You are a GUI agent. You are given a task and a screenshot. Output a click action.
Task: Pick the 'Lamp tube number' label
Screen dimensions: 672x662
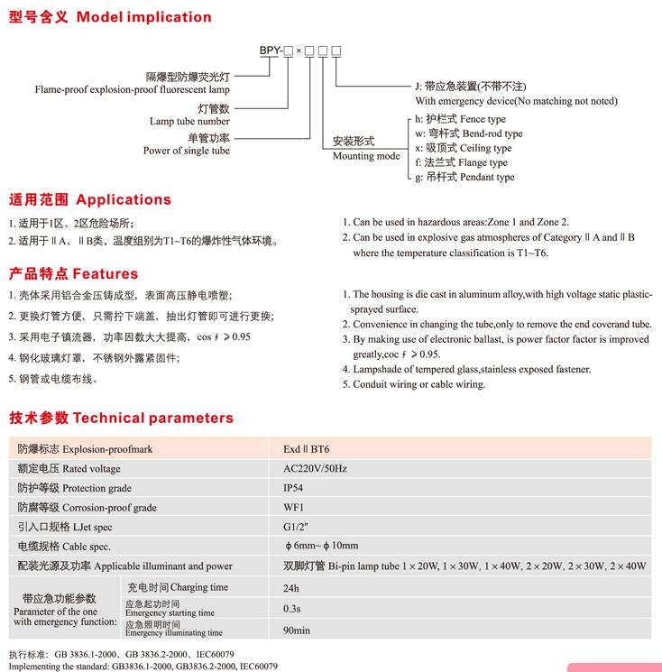click(189, 121)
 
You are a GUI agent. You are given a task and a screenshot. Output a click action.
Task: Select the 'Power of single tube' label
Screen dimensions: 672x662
click(187, 151)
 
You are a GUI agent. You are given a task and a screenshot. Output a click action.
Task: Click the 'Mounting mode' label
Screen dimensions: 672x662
click(366, 156)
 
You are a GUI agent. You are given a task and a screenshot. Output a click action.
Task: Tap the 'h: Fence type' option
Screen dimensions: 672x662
click(460, 119)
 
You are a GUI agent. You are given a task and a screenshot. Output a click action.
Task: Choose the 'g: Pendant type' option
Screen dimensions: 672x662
click(464, 177)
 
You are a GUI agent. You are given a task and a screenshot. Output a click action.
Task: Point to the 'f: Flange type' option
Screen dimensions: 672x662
click(461, 162)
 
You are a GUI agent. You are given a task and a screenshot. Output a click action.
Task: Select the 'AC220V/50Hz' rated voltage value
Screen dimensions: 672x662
click(315, 468)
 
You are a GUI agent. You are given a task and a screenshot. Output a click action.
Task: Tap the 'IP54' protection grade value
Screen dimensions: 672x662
click(294, 488)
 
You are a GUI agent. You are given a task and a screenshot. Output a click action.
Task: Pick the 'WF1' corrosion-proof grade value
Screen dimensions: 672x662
click(294, 507)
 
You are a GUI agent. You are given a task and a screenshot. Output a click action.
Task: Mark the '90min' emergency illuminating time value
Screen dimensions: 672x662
click(297, 630)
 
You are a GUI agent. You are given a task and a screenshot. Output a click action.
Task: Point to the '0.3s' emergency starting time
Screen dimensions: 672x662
click(292, 608)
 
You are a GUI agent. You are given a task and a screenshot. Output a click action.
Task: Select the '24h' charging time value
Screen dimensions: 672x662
click(291, 587)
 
